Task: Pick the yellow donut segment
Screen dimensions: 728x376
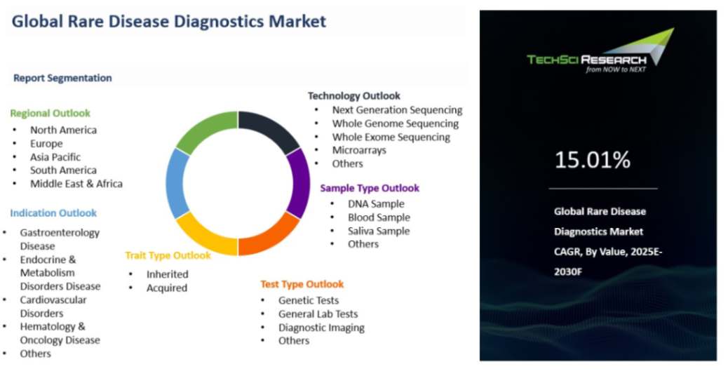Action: (204, 236)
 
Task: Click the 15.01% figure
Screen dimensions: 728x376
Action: (593, 160)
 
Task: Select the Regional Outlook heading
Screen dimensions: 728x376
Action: (50, 113)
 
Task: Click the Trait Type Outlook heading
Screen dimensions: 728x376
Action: (168, 256)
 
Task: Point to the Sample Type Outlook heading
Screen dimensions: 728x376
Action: (370, 188)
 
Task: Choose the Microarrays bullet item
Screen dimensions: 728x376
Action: (359, 150)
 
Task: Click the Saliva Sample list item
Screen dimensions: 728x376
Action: (379, 231)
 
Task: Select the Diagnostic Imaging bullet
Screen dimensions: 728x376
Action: (321, 328)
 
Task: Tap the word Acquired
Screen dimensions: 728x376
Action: (167, 288)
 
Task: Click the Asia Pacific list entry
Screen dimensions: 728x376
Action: (55, 157)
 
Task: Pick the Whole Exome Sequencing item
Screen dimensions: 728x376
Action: (391, 137)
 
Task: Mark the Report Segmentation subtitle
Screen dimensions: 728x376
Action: (62, 78)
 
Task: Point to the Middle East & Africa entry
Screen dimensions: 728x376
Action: (76, 184)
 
